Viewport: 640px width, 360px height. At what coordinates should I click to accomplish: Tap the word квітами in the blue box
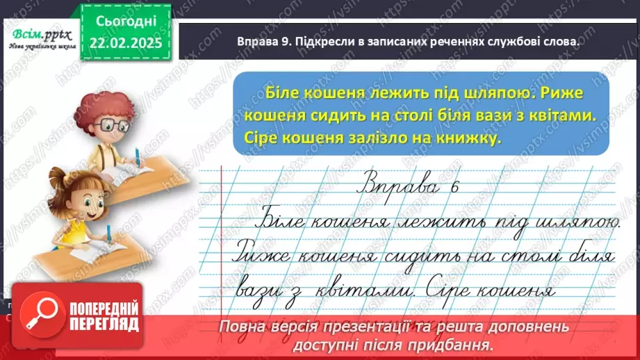(x=561, y=115)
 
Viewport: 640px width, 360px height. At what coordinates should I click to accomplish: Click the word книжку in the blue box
(x=472, y=139)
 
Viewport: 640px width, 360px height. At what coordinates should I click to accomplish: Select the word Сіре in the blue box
(x=263, y=139)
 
